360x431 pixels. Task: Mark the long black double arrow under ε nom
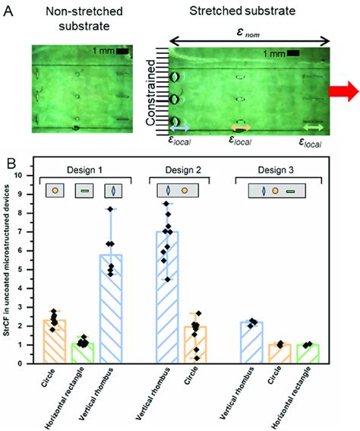tap(249, 40)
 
